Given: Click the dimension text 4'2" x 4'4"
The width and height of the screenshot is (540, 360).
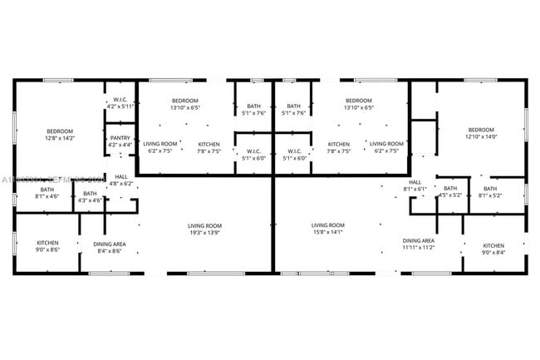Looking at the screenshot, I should [120, 145].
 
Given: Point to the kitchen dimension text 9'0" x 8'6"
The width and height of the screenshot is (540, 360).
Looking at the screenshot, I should [47, 250].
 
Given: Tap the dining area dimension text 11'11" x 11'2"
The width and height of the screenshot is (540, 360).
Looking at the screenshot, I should [419, 248].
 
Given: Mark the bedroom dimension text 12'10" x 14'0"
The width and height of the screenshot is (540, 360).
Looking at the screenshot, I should [481, 136].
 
